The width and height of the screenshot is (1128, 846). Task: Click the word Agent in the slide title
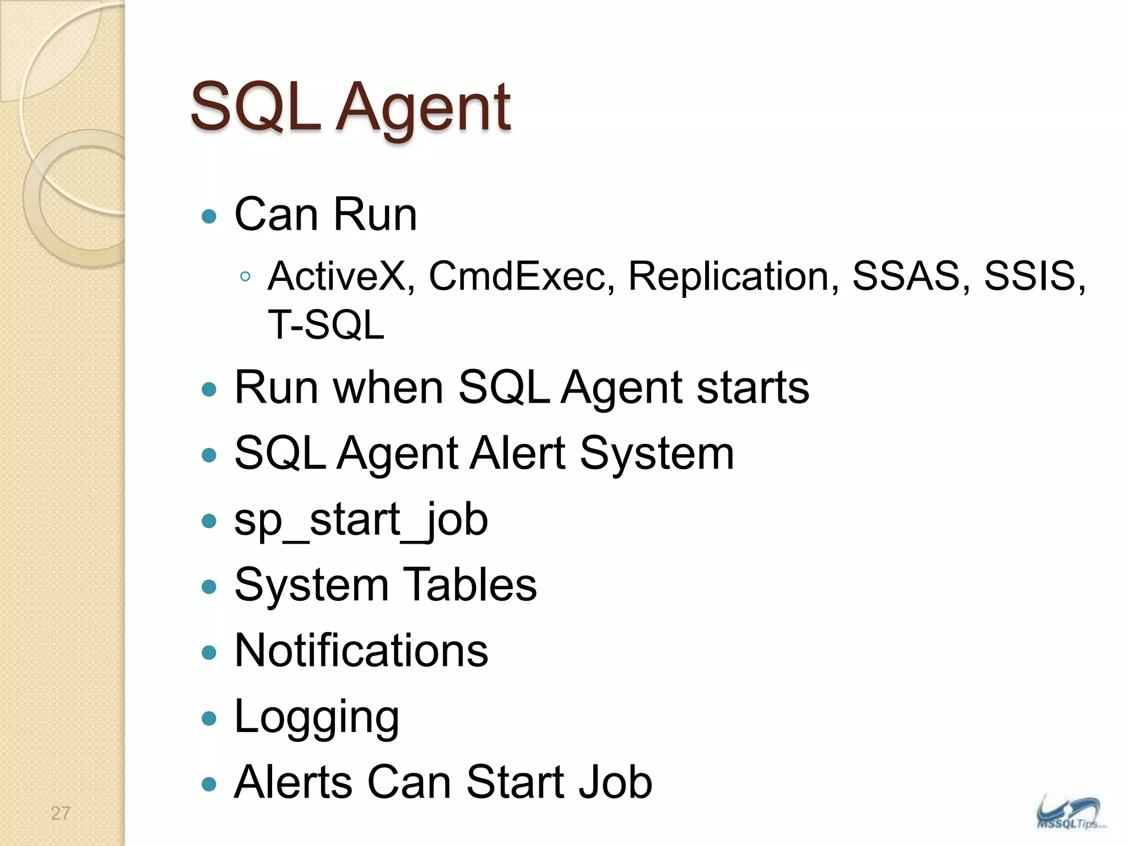click(424, 109)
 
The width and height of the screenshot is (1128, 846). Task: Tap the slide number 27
click(61, 813)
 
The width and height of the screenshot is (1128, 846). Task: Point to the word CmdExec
click(521, 276)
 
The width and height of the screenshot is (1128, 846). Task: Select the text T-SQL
click(326, 325)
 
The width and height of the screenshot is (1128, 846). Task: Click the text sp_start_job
click(361, 520)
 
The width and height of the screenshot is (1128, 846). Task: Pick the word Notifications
click(361, 650)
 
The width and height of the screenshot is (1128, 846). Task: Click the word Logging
click(316, 718)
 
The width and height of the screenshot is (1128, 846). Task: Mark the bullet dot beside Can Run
click(209, 216)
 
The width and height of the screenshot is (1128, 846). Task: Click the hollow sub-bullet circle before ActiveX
click(246, 276)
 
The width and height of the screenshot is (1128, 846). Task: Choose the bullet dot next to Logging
click(209, 718)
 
